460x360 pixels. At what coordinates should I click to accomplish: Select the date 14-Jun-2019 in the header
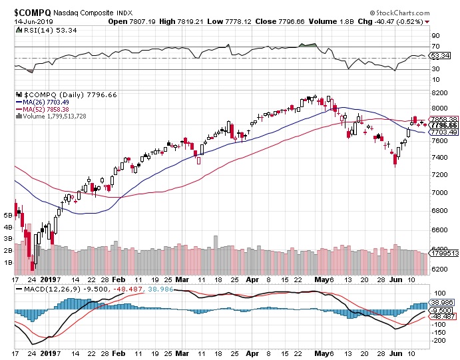pyautogui.click(x=33, y=21)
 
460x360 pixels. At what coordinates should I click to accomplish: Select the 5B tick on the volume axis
pyautogui.click(x=8, y=216)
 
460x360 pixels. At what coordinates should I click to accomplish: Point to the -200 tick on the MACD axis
pyautogui.click(x=439, y=340)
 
